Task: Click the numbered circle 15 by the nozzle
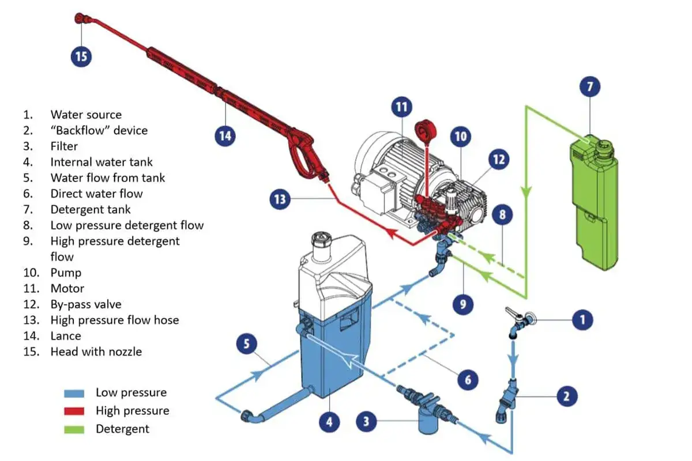pos(81,56)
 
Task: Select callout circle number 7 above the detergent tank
pos(589,88)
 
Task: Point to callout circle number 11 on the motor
pos(401,107)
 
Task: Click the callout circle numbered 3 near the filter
pos(366,421)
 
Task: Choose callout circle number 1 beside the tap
pos(582,319)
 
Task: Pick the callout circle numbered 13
pos(280,200)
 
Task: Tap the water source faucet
pos(517,323)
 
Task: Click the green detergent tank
pos(594,202)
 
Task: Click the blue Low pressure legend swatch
pos(74,393)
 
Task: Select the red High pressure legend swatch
pos(74,411)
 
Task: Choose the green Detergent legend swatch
pos(74,429)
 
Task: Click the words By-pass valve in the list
pos(86,304)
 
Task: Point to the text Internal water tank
pos(101,163)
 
